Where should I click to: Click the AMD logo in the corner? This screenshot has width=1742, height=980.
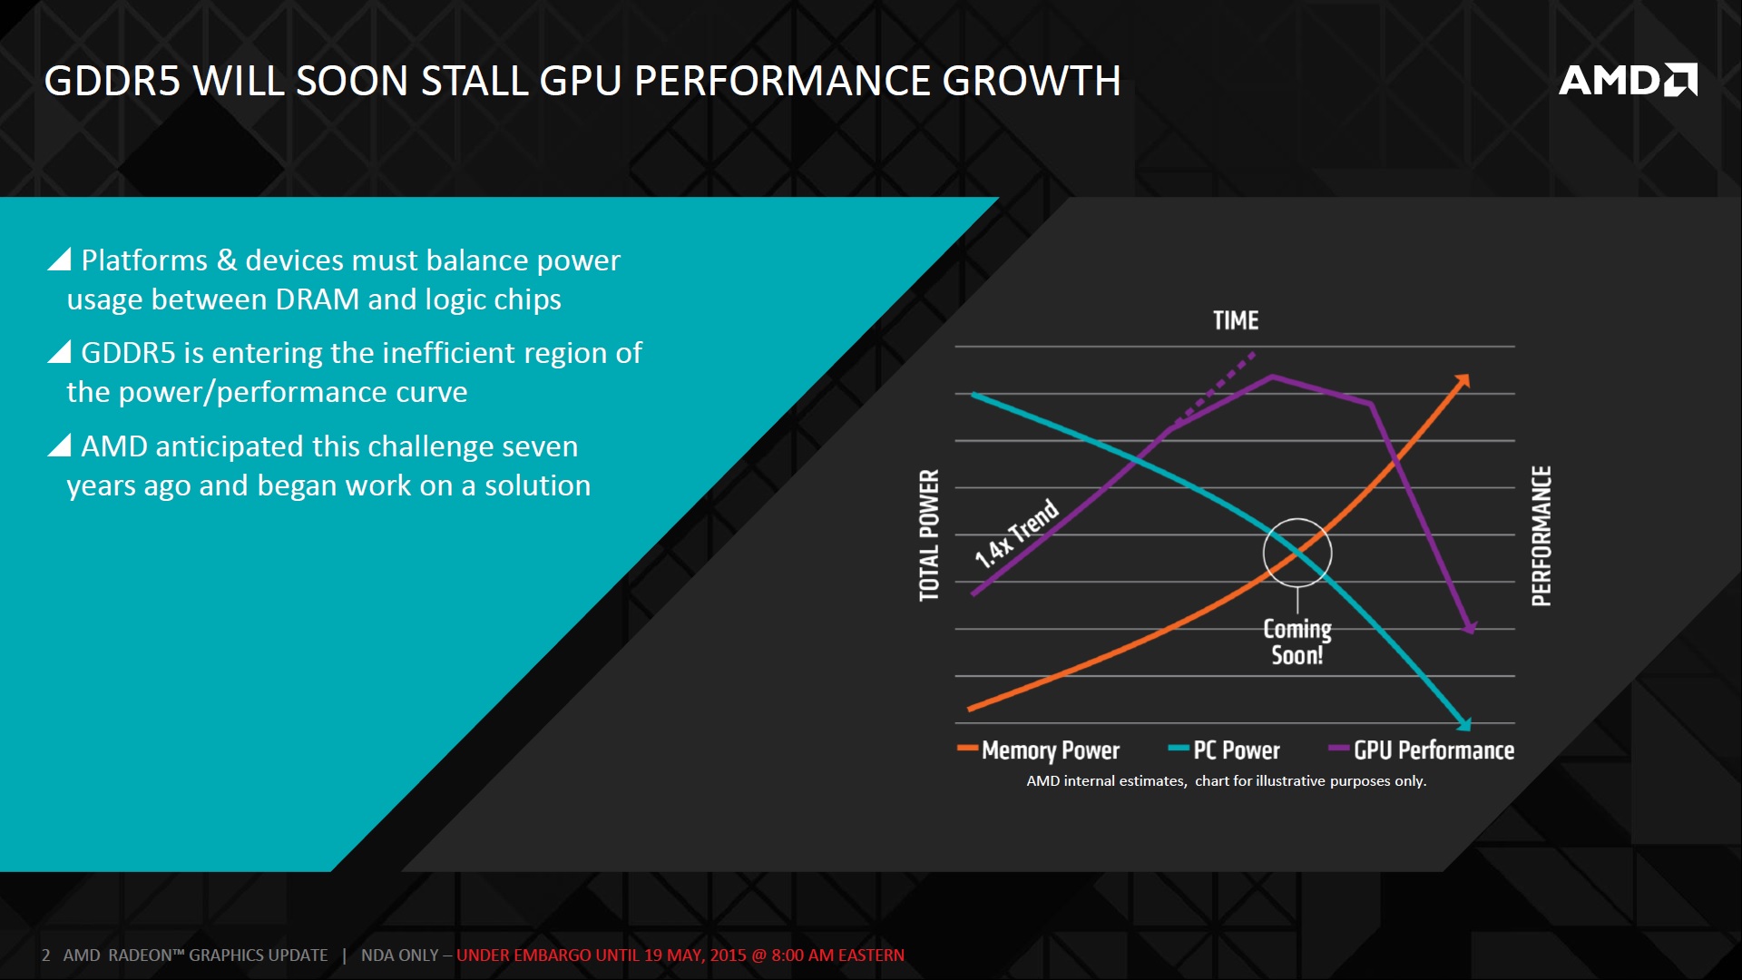pos(1628,80)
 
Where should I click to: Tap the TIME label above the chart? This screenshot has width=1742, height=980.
pos(1235,320)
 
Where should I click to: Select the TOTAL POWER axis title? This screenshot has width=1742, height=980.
pos(929,535)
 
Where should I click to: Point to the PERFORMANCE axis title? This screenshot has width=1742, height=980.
pos(1541,535)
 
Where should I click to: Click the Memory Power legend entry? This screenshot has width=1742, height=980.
pos(1050,750)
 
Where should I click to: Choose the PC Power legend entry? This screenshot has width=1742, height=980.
pos(1235,750)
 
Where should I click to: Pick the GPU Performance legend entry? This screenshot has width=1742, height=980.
pos(1433,750)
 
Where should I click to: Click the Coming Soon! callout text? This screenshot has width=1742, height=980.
pos(1297,642)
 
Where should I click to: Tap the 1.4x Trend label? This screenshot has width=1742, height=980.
pos(1016,534)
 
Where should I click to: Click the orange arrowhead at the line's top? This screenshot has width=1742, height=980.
pos(1462,381)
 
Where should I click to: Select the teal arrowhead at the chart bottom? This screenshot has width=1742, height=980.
pos(1463,723)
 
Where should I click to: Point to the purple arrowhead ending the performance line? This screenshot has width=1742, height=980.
pos(1470,627)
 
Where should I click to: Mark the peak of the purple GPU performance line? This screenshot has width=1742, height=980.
pos(1272,376)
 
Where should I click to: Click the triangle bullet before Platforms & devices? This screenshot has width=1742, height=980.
pos(60,260)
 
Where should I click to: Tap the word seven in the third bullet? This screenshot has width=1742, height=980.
pos(539,446)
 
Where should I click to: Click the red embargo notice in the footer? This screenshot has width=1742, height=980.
pos(680,955)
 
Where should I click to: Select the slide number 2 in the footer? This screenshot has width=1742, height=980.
pos(45,955)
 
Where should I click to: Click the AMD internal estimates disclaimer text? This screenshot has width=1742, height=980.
pos(1226,781)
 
